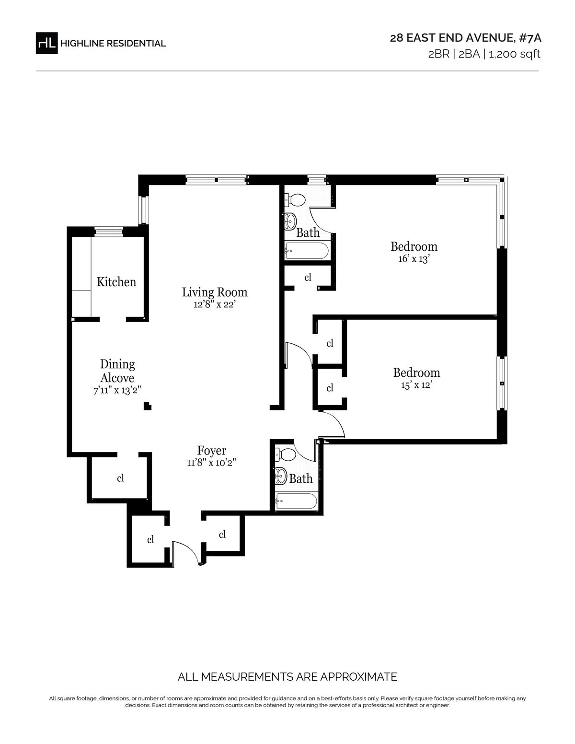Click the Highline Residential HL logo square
[x=46, y=43]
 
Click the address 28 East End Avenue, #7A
[x=466, y=38]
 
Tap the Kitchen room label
[x=116, y=282]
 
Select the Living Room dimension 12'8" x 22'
[x=215, y=304]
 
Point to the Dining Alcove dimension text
[x=117, y=390]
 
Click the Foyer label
[x=212, y=450]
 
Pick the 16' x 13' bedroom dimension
[x=414, y=259]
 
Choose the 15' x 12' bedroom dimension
[x=416, y=385]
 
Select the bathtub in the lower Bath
[x=296, y=501]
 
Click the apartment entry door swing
[x=185, y=553]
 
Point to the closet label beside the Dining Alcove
[x=120, y=478]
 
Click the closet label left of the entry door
[x=150, y=540]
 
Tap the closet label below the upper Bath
[x=308, y=277]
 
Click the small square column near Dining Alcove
[x=148, y=406]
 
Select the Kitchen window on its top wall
[x=108, y=232]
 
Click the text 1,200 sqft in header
[x=515, y=54]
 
